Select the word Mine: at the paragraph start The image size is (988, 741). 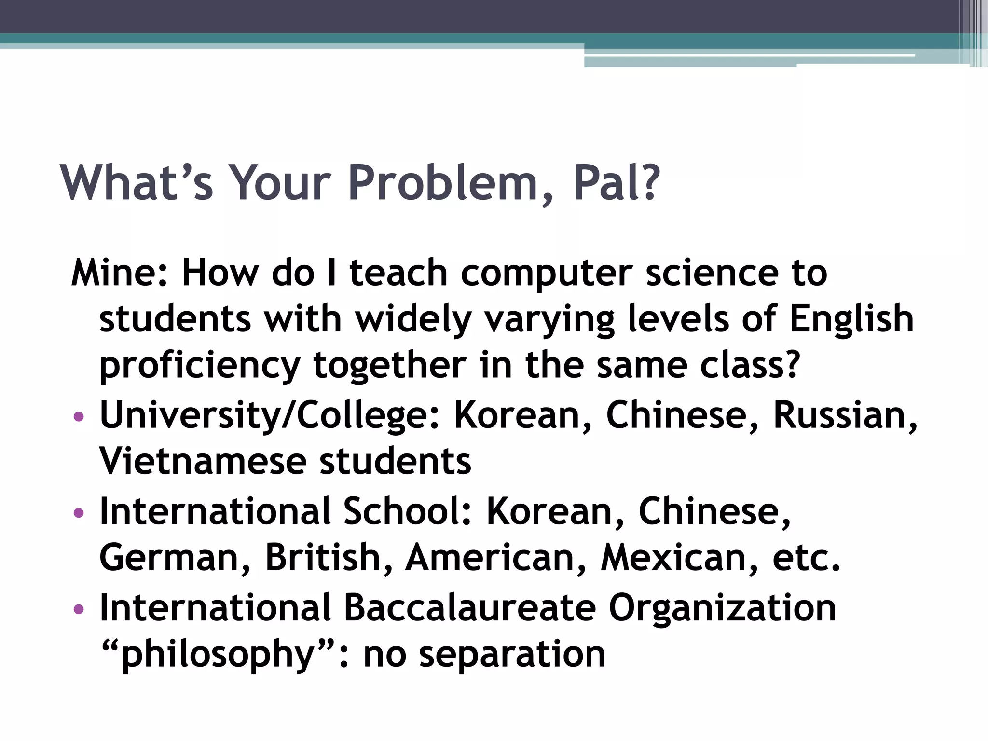[x=119, y=273]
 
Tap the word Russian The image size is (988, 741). [x=844, y=415]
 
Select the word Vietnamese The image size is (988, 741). [x=203, y=461]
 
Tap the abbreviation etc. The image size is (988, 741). [x=806, y=558]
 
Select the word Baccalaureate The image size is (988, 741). [x=469, y=607]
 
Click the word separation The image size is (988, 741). [x=512, y=655]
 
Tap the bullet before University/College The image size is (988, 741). [x=79, y=416]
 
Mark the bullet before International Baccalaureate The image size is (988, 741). [x=79, y=609]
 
